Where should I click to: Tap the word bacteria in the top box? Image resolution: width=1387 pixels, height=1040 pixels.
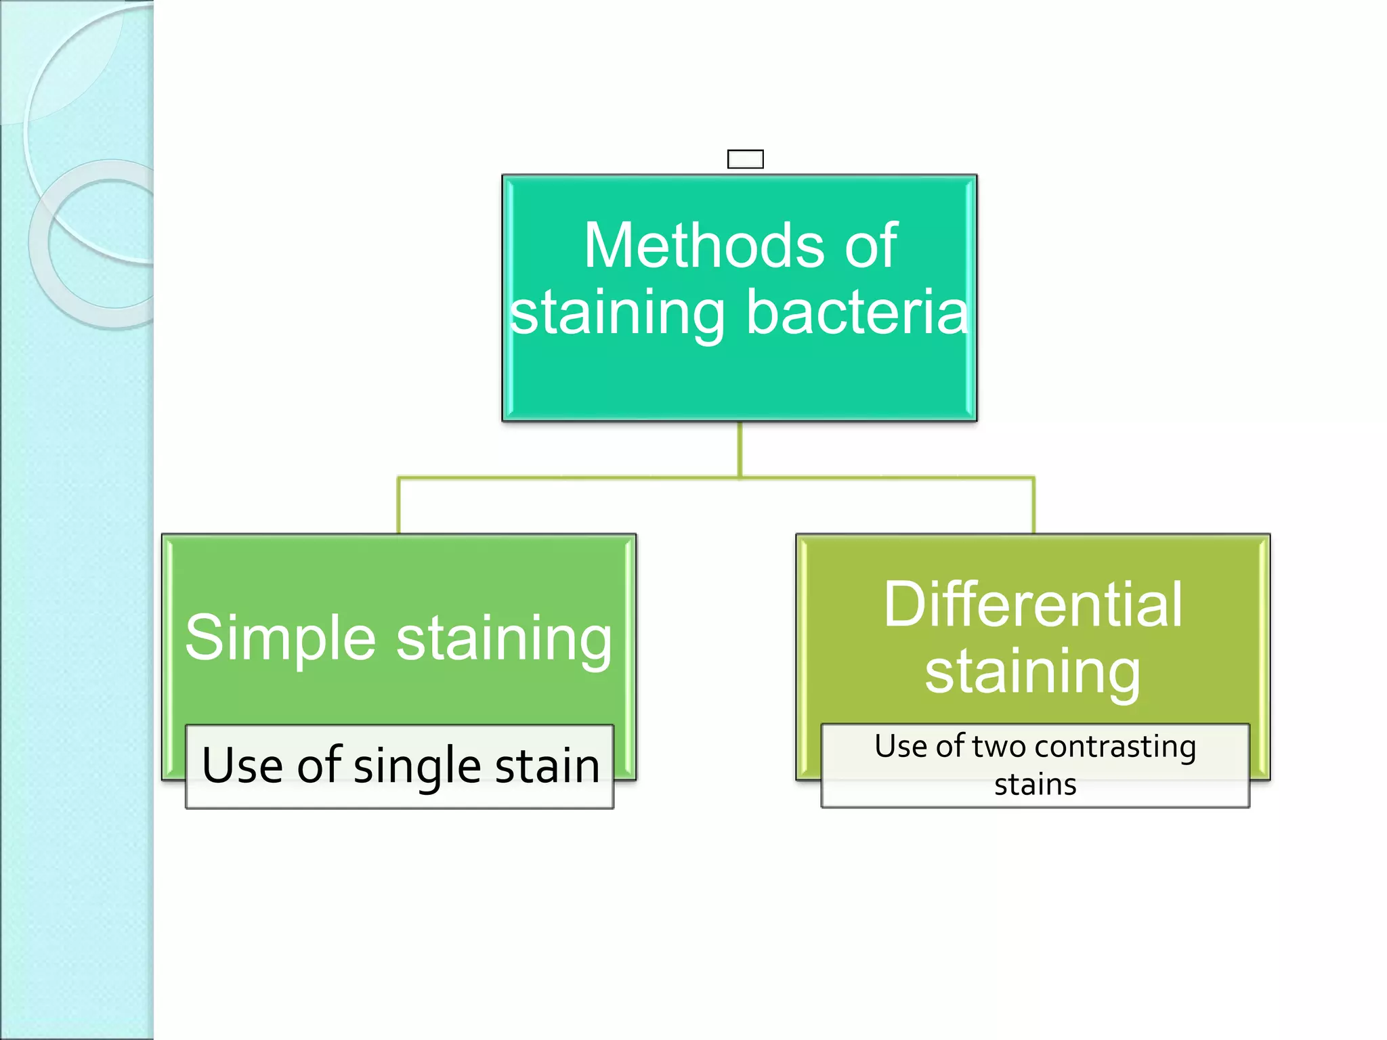click(x=857, y=312)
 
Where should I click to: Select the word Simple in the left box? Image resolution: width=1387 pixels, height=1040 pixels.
click(x=280, y=637)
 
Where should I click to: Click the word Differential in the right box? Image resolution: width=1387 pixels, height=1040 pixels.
click(x=1033, y=604)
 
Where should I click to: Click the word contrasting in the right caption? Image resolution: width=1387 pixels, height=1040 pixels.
click(x=1115, y=746)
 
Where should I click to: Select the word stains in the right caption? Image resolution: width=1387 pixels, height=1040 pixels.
click(x=1035, y=785)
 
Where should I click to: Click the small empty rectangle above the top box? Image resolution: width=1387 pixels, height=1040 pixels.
click(x=745, y=159)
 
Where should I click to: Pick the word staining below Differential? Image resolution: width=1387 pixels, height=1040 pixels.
click(x=1033, y=671)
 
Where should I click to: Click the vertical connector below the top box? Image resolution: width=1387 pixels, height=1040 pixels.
click(x=740, y=449)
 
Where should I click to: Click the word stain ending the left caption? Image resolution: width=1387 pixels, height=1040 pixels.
click(x=547, y=766)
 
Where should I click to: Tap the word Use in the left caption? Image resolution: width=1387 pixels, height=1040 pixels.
click(x=242, y=766)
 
